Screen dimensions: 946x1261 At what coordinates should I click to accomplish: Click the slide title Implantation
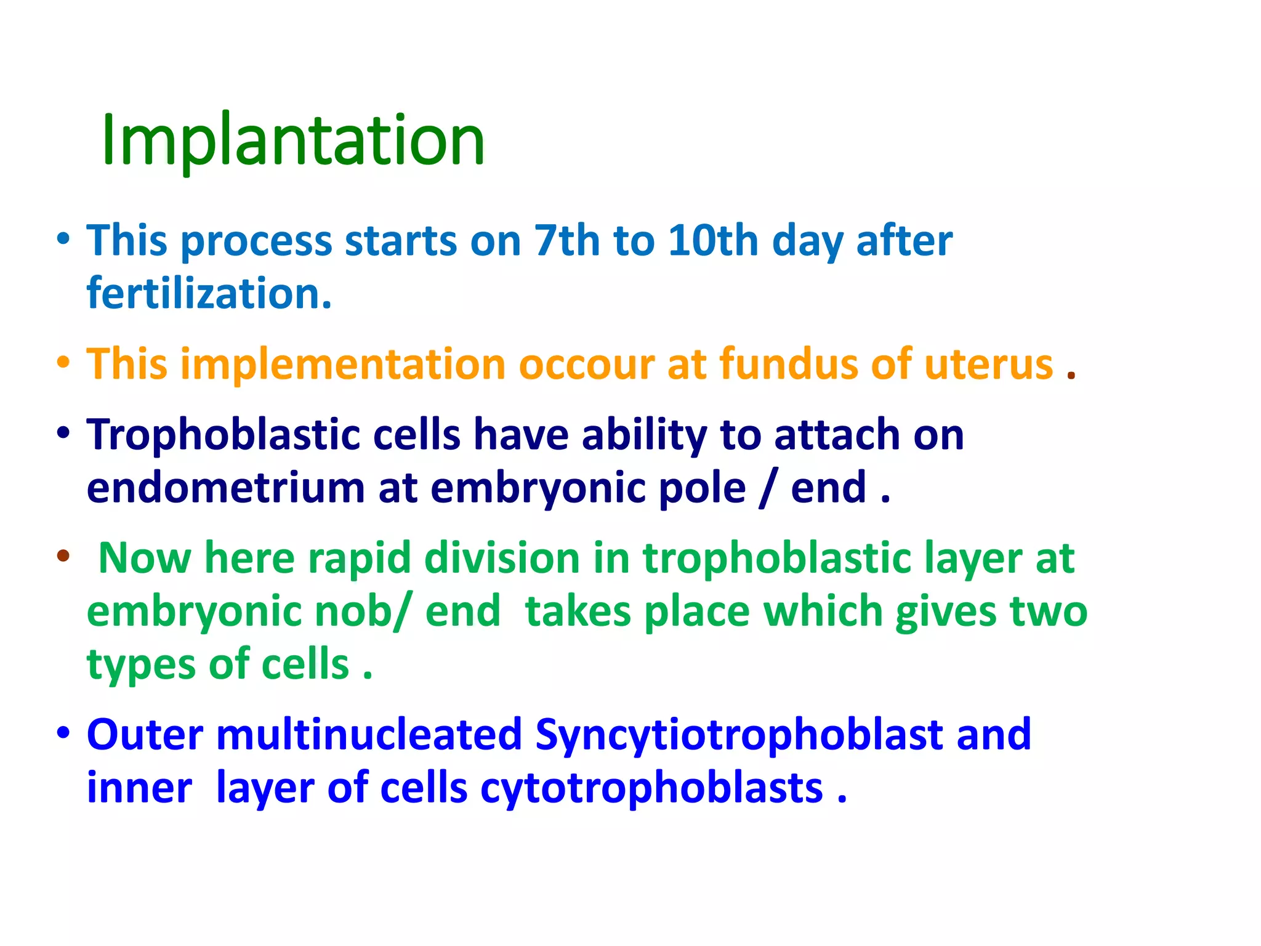pyautogui.click(x=293, y=140)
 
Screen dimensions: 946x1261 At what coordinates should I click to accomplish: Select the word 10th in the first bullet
pyautogui.click(x=713, y=240)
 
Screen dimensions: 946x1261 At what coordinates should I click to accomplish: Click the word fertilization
pyautogui.click(x=209, y=293)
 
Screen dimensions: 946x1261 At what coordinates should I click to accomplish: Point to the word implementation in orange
pyautogui.click(x=342, y=364)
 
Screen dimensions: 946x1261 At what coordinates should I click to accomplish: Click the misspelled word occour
pyautogui.click(x=586, y=364)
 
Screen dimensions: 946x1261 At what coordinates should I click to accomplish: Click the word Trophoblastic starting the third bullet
pyautogui.click(x=224, y=435)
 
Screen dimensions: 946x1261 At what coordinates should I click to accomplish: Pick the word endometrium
pyautogui.click(x=226, y=488)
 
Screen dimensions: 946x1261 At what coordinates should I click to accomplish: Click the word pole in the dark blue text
pyautogui.click(x=702, y=488)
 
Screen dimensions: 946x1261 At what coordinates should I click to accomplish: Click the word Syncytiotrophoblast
pyautogui.click(x=739, y=734)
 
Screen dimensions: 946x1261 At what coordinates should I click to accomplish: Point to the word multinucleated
pyautogui.click(x=369, y=734)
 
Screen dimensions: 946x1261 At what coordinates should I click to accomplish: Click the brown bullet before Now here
pyautogui.click(x=63, y=556)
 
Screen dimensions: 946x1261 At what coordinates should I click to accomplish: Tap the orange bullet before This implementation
pyautogui.click(x=63, y=362)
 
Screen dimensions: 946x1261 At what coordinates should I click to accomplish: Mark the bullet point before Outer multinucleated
pyautogui.click(x=63, y=733)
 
